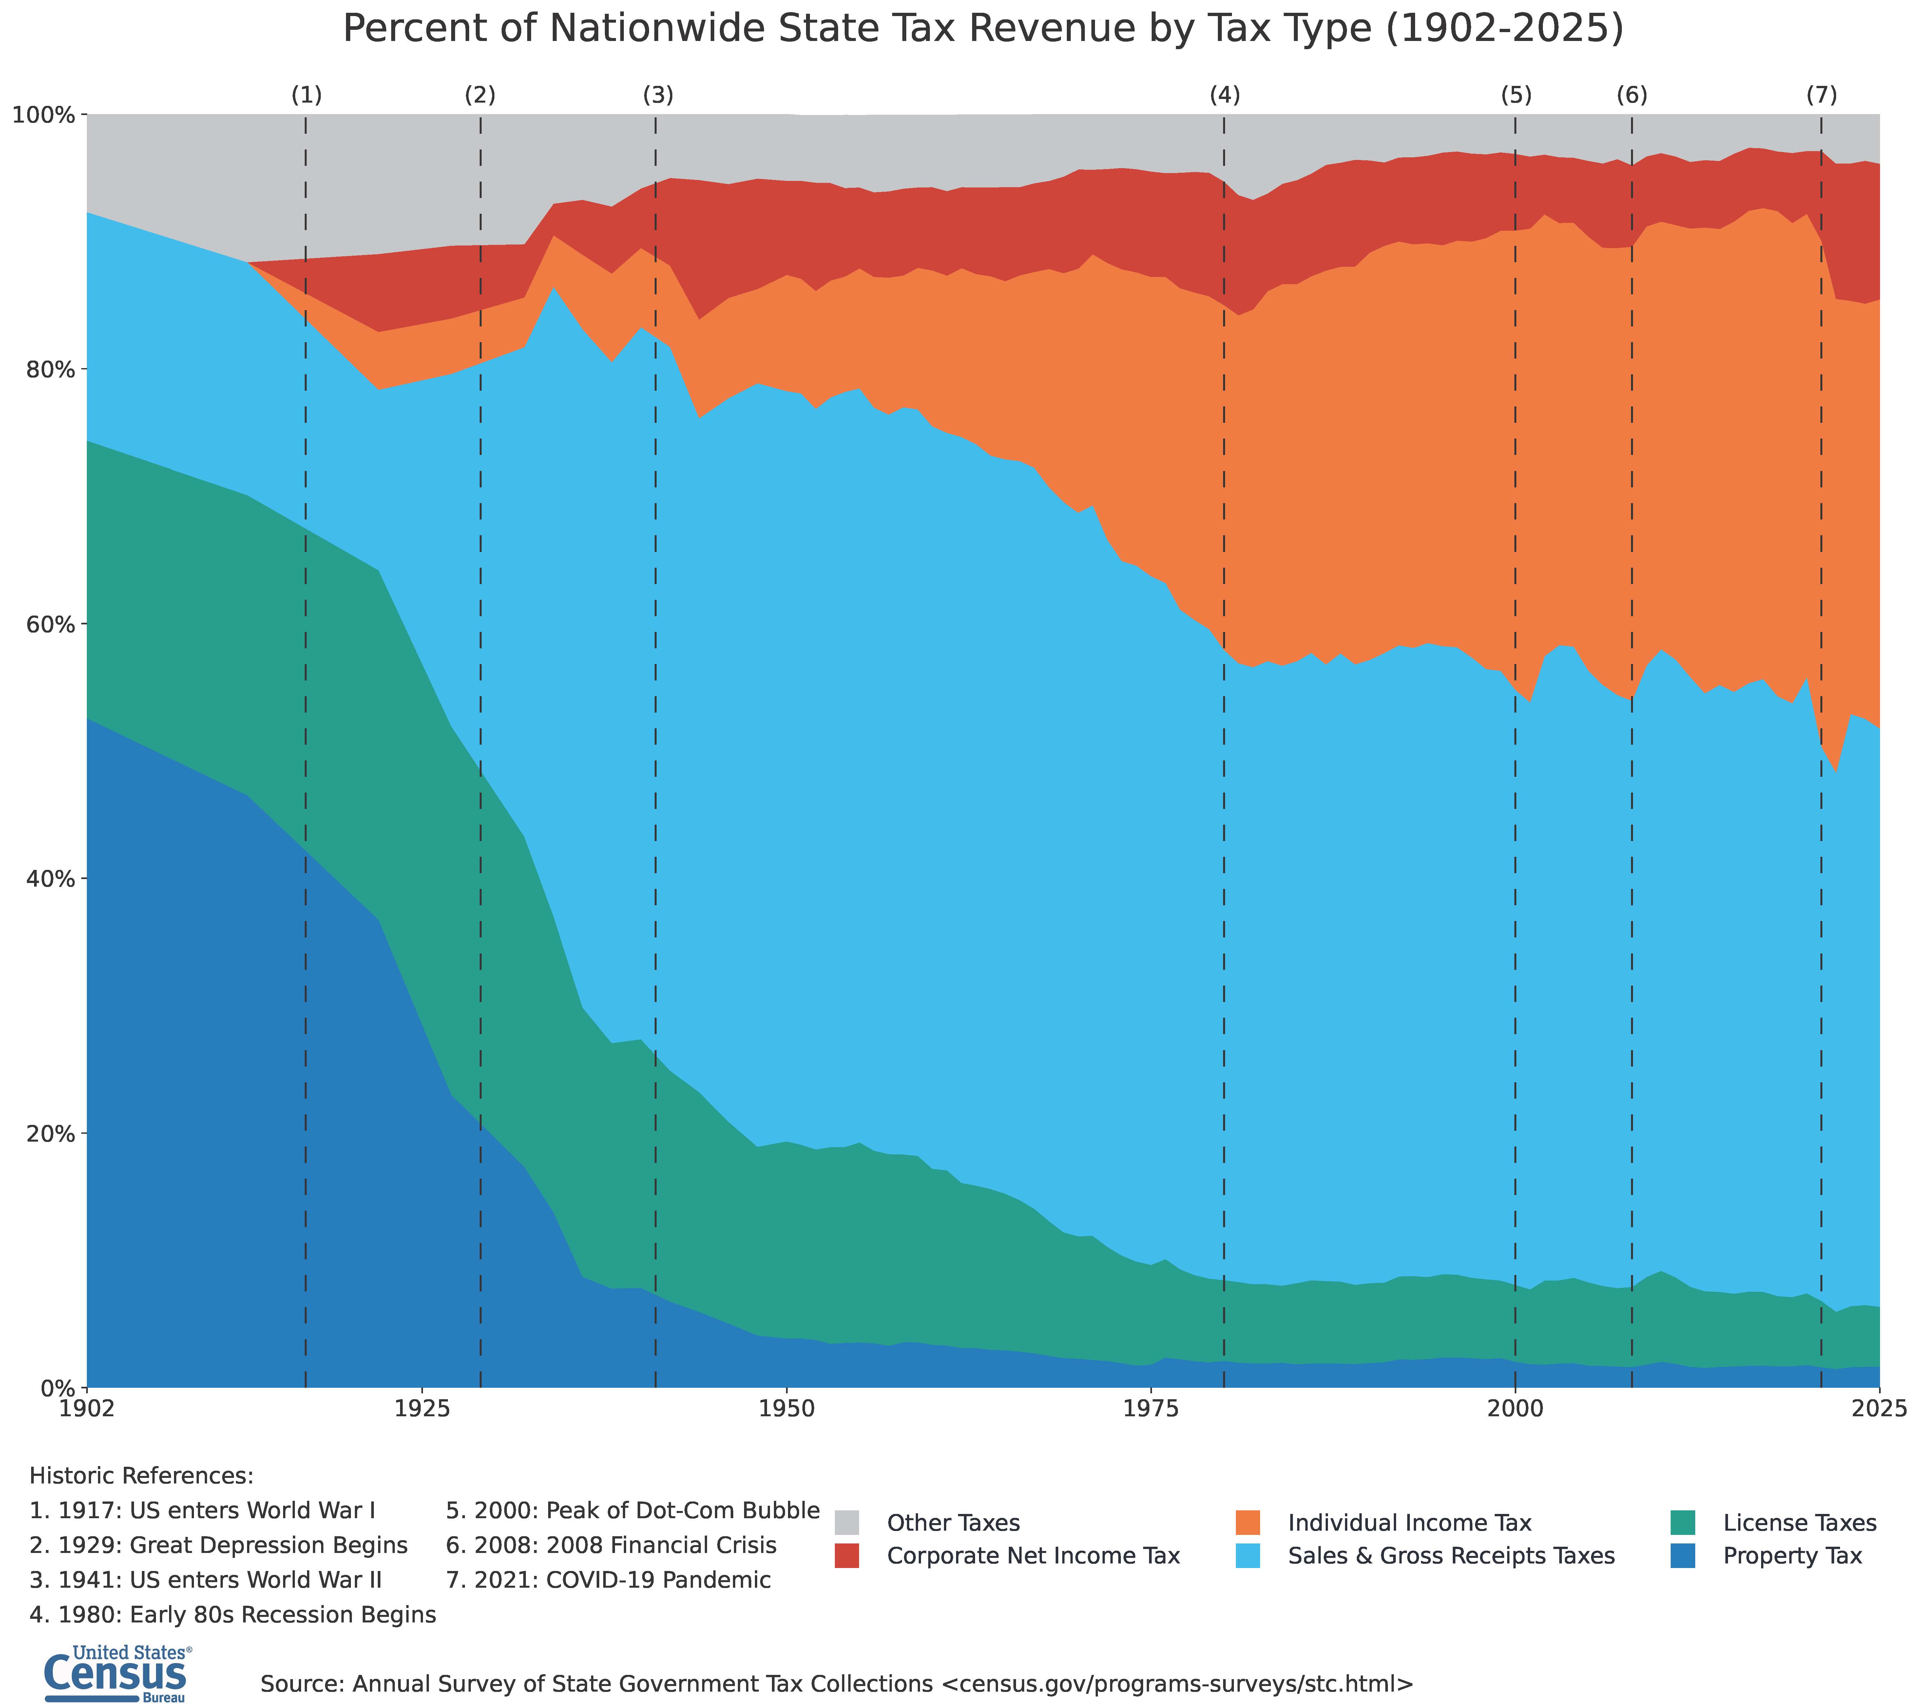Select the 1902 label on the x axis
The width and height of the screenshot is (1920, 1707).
(x=86, y=1409)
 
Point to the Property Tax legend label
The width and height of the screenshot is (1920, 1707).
(x=1792, y=1556)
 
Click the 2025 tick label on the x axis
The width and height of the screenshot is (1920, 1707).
(x=1879, y=1409)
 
